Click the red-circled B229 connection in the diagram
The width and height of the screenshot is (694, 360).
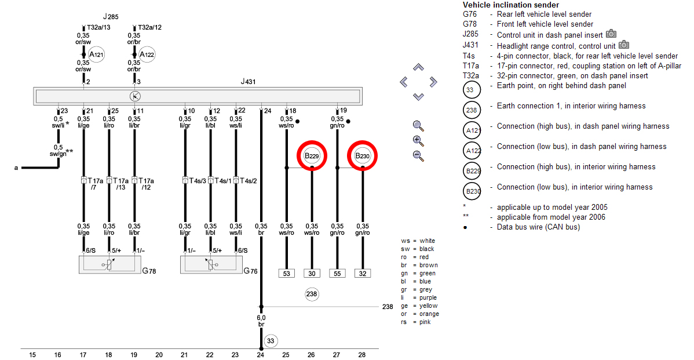pyautogui.click(x=312, y=156)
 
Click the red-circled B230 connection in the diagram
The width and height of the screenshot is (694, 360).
pyautogui.click(x=363, y=156)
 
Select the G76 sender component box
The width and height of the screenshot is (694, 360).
pyautogui.click(x=211, y=264)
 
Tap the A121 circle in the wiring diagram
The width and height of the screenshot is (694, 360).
pyautogui.click(x=96, y=54)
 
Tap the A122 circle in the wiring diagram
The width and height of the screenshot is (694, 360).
pyautogui.click(x=147, y=54)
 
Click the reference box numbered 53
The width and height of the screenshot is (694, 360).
pyautogui.click(x=286, y=273)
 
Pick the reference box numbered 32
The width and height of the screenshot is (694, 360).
pyautogui.click(x=363, y=273)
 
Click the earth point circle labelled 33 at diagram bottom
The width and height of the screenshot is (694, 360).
pyautogui.click(x=271, y=341)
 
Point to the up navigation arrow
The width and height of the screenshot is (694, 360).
pyautogui.click(x=418, y=67)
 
